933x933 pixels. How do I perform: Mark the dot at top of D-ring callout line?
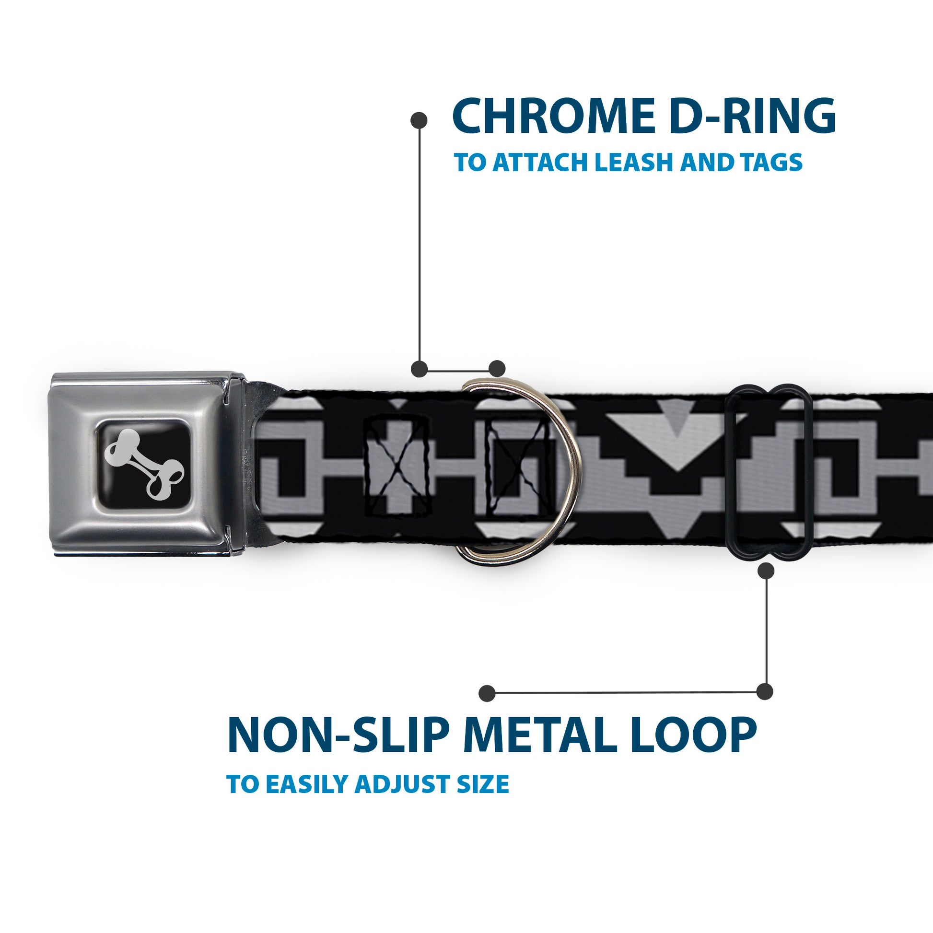point(419,120)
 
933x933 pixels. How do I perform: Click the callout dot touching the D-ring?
point(497,369)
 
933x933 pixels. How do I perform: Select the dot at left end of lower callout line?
point(487,693)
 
